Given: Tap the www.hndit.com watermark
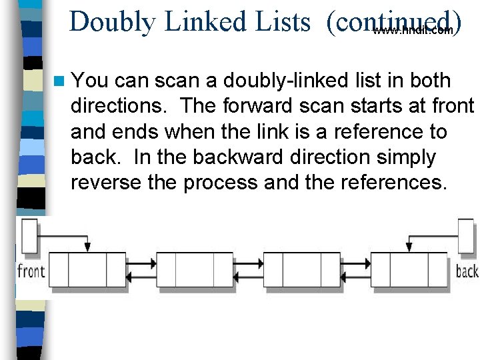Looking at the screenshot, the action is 413,31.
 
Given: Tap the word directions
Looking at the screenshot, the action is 119,107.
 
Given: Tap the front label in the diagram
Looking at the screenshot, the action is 31,271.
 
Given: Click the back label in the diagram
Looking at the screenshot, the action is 467,271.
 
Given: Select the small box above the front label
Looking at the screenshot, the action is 30,233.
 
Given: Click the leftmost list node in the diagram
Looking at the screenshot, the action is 88,270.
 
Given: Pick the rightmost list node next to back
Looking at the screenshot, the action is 409,270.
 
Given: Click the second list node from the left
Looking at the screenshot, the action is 195,270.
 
